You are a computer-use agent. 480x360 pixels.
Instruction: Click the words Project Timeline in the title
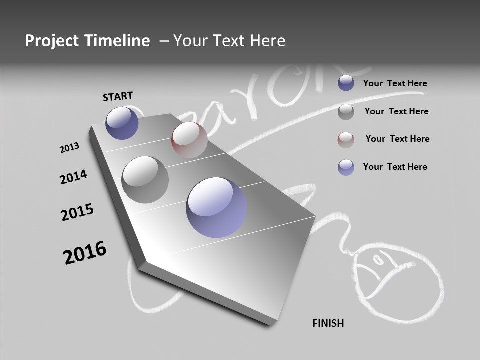[x=87, y=41]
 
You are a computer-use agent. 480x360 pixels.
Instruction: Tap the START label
[x=118, y=96]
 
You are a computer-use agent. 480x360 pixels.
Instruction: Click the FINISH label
[x=328, y=323]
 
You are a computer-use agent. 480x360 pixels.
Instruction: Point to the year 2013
[x=69, y=148]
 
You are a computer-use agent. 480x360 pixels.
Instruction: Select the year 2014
[x=73, y=177]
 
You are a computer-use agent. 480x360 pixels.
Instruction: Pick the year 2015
[x=77, y=212]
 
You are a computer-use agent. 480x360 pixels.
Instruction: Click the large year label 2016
[x=85, y=252]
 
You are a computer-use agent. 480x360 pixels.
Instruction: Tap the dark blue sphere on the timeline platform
[x=122, y=123]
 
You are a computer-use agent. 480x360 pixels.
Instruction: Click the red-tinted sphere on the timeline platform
[x=189, y=139]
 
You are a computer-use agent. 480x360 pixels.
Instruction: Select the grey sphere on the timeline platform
[x=145, y=180]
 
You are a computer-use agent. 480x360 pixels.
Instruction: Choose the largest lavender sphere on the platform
[x=216, y=207]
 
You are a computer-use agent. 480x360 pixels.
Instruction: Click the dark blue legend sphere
[x=346, y=83]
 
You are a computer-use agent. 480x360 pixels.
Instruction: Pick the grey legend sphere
[x=346, y=112]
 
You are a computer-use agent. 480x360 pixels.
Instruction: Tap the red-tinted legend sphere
[x=346, y=140]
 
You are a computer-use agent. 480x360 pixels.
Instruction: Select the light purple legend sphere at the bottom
[x=346, y=167]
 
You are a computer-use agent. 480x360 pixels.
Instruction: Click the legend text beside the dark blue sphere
[x=395, y=83]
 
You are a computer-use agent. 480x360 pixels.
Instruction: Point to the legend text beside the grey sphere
[x=396, y=111]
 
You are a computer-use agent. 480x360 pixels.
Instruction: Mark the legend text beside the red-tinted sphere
[x=397, y=139]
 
